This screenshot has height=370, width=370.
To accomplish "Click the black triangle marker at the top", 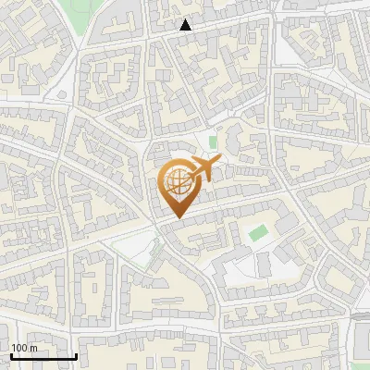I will [185, 25].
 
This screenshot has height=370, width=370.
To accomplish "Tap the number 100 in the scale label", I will [19, 349].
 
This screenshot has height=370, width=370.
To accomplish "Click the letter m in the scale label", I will [32, 349].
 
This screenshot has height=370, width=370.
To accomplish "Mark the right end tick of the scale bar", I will [76, 354].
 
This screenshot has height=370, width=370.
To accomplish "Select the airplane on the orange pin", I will [201, 170].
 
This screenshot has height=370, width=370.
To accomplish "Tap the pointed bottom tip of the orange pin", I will [175, 218].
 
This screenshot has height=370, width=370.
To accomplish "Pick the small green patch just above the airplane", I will [213, 142].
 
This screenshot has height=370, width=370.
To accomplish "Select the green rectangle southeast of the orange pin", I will [257, 232].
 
